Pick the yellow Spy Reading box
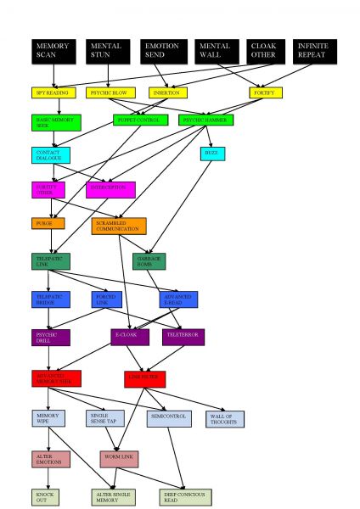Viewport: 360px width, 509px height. point(53,92)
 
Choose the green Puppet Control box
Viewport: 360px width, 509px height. point(137,120)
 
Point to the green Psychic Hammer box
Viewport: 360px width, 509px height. point(207,120)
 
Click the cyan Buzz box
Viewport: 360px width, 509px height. point(212,154)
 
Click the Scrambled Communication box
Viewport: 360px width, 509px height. point(119,226)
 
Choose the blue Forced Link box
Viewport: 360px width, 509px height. point(108,299)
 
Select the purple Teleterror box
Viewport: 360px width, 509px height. point(183,337)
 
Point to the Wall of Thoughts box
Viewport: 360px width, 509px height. point(225,418)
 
